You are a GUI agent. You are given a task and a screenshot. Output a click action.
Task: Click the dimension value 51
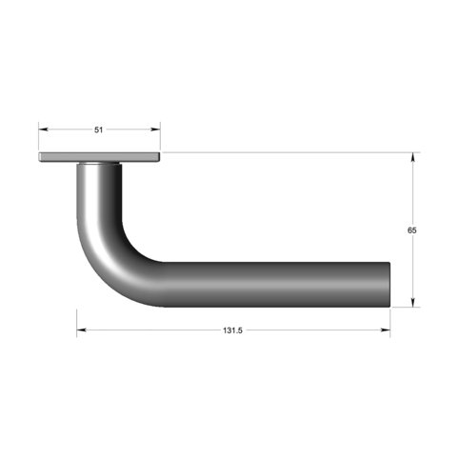[x=99, y=130]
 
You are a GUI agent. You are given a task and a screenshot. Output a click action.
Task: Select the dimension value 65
[x=411, y=230]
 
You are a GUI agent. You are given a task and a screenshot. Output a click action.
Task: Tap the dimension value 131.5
[x=232, y=330]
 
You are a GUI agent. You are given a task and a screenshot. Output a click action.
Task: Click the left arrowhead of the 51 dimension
[x=43, y=130]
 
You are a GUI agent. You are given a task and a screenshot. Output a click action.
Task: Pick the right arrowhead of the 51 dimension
[x=155, y=130]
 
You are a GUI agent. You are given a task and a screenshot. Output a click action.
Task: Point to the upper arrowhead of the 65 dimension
[x=413, y=157]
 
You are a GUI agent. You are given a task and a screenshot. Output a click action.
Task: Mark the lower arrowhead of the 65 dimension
[x=413, y=303]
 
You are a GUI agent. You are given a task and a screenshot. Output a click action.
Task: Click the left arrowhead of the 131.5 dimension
[x=82, y=330]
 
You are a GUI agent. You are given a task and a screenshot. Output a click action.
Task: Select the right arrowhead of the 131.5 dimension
[x=386, y=330]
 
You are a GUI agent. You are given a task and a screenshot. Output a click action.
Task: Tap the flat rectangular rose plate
[x=99, y=157]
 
